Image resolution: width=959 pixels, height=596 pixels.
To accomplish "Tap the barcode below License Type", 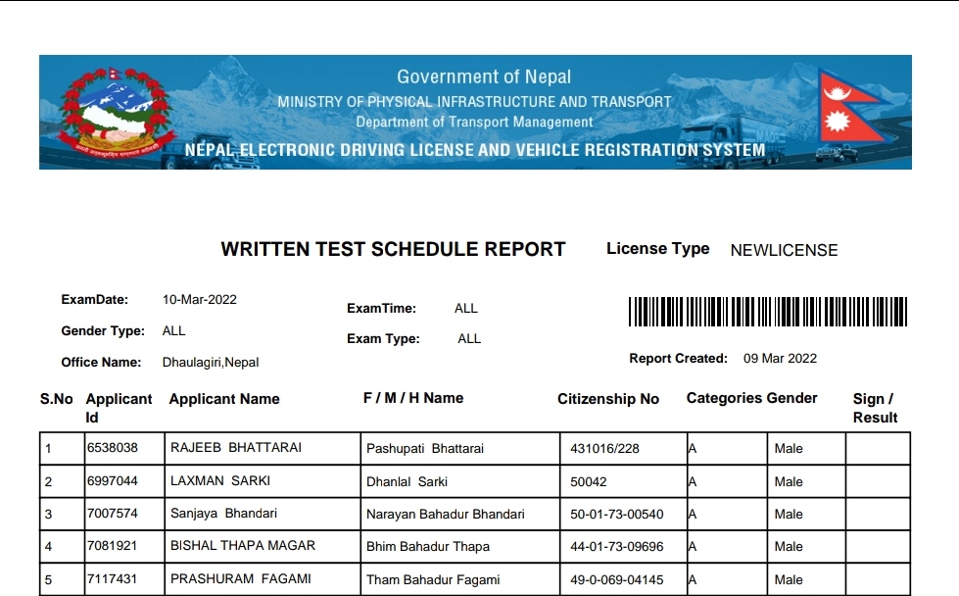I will tap(767, 312).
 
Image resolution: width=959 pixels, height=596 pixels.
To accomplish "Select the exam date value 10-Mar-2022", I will tap(200, 300).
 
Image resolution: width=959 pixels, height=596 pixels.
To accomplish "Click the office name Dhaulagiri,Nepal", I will tap(211, 363).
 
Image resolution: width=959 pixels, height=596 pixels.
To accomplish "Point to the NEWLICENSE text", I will tap(784, 250).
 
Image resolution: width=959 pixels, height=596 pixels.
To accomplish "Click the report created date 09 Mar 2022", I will tap(780, 359).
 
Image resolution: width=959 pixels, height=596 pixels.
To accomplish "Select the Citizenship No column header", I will tap(608, 399).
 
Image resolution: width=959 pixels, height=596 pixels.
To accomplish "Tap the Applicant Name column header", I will tap(224, 399).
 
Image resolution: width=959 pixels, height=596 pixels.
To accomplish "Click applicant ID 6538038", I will tap(113, 448).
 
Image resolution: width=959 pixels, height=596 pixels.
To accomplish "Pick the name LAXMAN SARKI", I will tap(220, 481).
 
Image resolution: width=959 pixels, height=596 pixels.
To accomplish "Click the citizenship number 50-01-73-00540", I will tap(617, 514).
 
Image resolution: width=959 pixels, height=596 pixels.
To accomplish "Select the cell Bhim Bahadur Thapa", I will tap(428, 547).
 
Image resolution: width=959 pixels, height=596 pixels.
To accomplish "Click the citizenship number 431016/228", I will tap(604, 449).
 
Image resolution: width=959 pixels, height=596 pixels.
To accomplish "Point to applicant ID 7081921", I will tap(113, 546).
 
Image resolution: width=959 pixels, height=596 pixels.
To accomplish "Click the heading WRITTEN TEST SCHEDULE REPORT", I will tap(393, 249).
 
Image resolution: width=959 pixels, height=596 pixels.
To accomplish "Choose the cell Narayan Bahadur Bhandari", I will tap(446, 514).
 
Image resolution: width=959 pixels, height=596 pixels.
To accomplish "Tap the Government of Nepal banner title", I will tap(484, 76).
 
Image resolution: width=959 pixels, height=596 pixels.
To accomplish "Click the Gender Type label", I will tap(103, 331).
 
